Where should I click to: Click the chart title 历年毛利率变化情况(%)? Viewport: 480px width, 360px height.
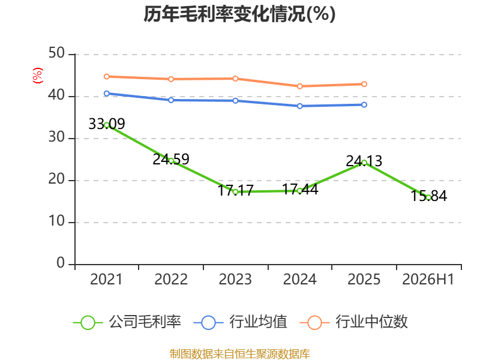[239, 14]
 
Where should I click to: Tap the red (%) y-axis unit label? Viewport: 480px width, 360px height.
[38, 76]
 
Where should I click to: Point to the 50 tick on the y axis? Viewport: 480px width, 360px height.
[56, 53]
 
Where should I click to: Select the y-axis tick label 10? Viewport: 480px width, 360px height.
[56, 221]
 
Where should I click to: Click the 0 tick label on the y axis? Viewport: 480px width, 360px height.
[61, 263]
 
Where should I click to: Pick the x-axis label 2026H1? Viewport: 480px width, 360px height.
[428, 279]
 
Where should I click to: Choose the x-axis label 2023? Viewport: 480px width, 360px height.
[235, 279]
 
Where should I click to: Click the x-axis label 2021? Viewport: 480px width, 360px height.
[106, 279]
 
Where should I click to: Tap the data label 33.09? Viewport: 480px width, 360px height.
[107, 124]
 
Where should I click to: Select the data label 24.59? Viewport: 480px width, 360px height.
[171, 159]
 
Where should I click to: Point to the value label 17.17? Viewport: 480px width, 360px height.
[235, 190]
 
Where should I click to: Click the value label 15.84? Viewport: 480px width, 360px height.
[428, 196]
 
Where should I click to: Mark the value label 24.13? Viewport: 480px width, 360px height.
[364, 161]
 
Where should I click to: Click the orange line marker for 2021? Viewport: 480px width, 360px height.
[107, 77]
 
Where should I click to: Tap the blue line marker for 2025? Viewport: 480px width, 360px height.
[364, 104]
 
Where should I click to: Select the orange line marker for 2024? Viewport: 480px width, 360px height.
[299, 86]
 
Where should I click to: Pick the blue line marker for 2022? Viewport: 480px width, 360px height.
[171, 100]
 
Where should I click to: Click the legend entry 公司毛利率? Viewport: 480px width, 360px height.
[127, 322]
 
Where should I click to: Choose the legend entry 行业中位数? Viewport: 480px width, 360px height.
[353, 322]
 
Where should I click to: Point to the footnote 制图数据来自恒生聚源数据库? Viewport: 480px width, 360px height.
[239, 354]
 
